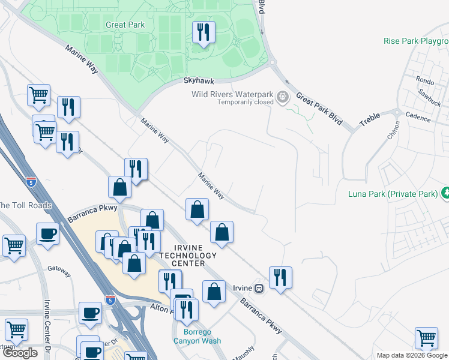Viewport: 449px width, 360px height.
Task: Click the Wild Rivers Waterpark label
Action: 232,94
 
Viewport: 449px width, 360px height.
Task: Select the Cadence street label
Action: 418,118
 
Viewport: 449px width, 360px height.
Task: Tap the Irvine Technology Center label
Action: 189,256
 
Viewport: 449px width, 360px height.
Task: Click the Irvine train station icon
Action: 259,288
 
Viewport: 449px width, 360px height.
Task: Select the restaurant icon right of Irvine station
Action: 280,277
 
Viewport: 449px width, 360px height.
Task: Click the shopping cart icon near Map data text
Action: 426,337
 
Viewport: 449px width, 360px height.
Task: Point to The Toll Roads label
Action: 25,205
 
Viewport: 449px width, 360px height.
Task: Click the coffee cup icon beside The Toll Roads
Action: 47,234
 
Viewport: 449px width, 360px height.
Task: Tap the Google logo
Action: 20,353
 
